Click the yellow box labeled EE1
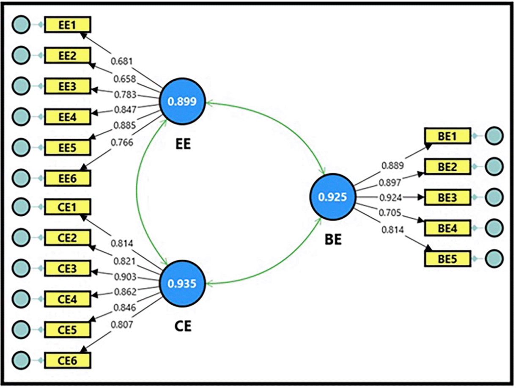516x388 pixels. click(x=67, y=25)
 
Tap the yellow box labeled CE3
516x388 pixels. click(x=67, y=268)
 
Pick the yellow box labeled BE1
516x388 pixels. click(x=447, y=136)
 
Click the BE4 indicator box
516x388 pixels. click(x=447, y=228)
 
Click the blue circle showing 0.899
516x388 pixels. click(x=182, y=102)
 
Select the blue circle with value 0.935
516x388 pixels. click(x=182, y=283)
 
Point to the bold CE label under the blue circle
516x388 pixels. click(x=183, y=326)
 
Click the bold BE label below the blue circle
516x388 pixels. click(x=333, y=240)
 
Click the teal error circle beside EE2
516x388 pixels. click(x=21, y=55)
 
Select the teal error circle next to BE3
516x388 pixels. click(x=494, y=198)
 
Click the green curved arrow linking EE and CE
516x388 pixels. click(x=137, y=193)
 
